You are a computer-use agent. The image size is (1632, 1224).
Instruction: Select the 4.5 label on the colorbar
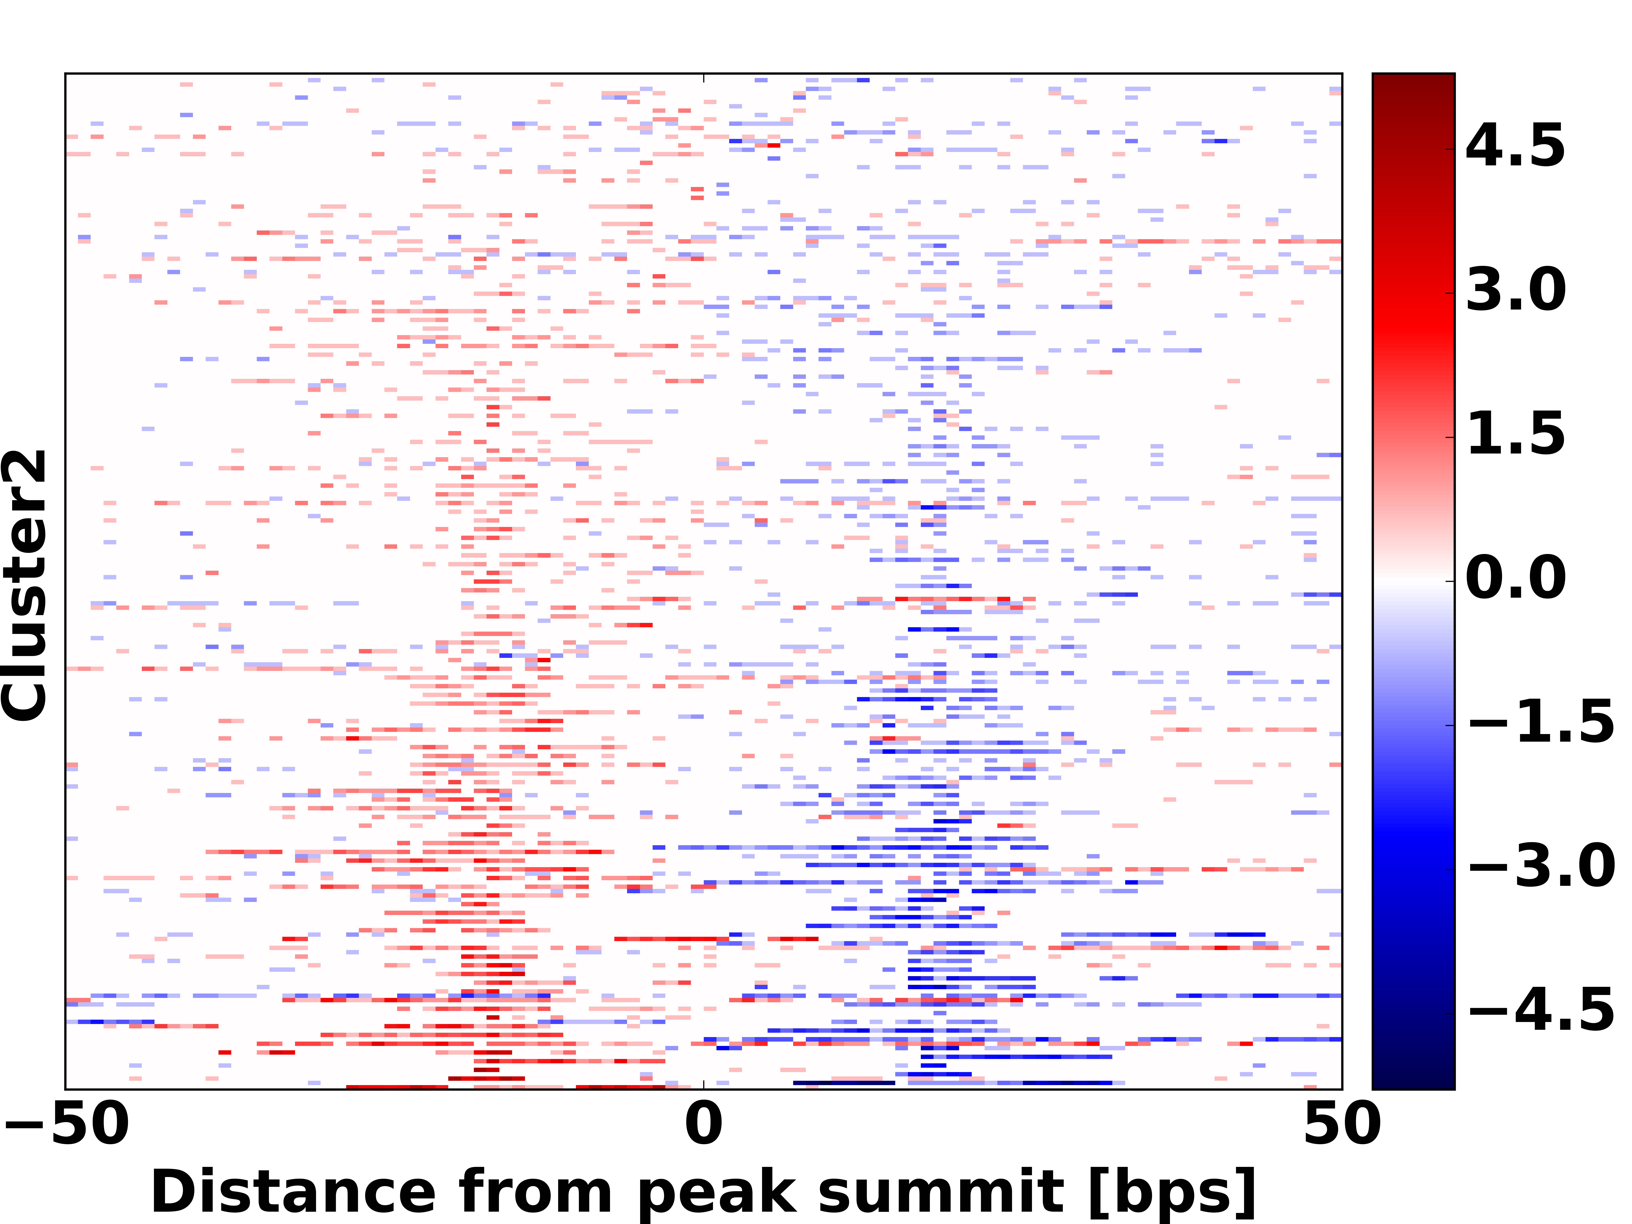pos(1515,146)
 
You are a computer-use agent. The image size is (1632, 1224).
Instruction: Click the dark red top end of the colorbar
pos(1413,81)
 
